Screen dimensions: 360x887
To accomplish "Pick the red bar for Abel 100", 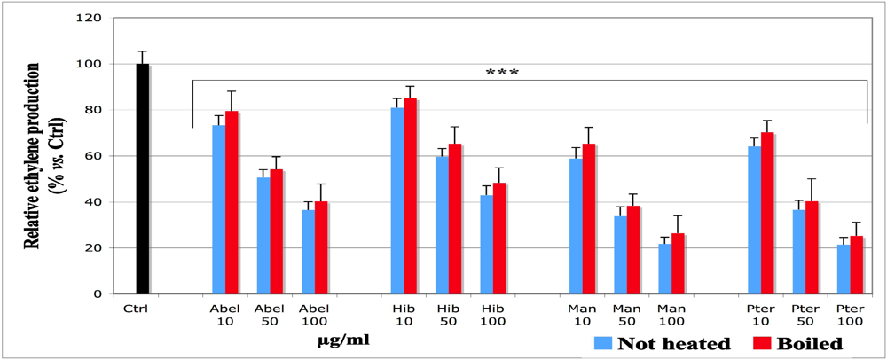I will point(321,247).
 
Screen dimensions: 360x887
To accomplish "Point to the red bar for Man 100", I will point(678,263).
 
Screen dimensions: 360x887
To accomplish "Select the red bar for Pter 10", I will point(767,214).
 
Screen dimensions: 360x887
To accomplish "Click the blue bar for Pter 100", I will point(844,270).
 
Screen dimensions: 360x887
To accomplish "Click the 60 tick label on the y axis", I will point(91,156).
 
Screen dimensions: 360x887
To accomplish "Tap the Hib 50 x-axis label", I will point(448,315).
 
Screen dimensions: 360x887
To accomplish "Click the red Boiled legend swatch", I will point(761,343).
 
